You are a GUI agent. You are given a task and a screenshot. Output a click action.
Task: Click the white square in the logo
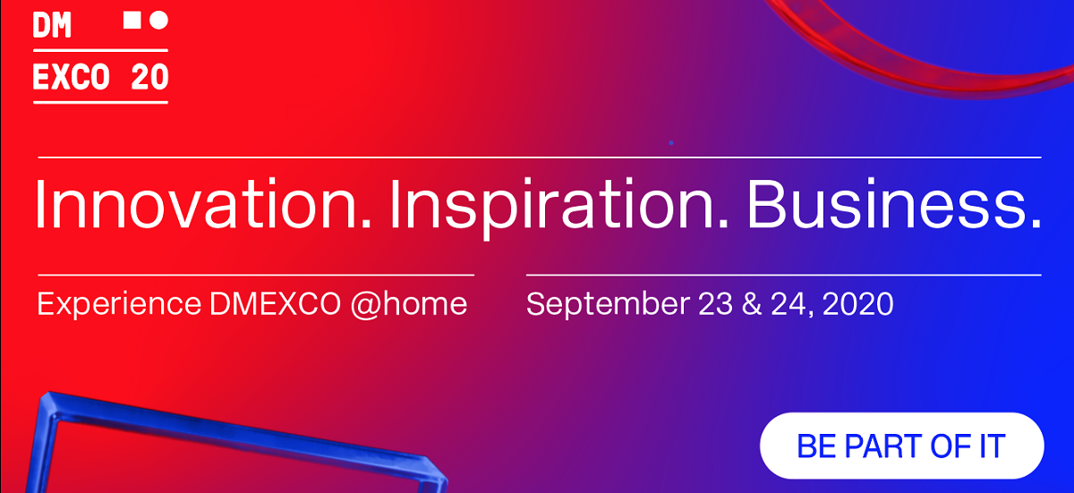coord(132,20)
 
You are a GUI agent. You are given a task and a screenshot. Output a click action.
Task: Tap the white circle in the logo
coord(158,20)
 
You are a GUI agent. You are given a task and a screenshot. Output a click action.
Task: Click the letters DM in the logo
coord(52,25)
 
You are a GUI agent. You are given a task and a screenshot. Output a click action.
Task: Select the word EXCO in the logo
coord(71,77)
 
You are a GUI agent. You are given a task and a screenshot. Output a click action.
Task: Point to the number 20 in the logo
coord(149,77)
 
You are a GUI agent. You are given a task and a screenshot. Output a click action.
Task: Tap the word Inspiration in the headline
coord(559,208)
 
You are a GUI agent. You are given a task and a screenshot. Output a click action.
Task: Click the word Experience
coord(119,305)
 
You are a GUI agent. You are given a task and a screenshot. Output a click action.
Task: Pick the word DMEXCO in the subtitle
coord(276,303)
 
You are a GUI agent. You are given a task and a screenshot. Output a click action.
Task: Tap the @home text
coord(409,305)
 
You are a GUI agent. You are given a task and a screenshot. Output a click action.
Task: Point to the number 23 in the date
coord(715,303)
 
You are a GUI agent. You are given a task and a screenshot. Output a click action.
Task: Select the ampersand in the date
coord(752,303)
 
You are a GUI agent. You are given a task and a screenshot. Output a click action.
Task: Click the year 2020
coord(857,303)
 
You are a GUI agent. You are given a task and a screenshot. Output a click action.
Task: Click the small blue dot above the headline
coord(671,143)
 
